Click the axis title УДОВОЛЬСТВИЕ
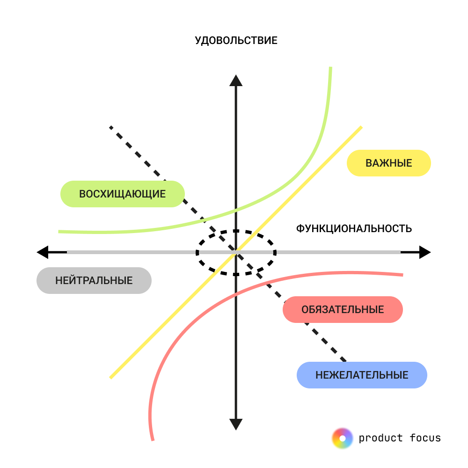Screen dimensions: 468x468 236,40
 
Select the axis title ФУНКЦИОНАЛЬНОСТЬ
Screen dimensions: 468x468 354,228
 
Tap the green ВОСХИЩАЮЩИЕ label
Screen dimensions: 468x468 123,194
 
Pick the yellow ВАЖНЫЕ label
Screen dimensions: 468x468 388,163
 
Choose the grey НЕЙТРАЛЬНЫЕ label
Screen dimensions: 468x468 94,281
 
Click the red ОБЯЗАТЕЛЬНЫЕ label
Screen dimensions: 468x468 343,309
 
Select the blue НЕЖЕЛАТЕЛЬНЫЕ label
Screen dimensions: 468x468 362,375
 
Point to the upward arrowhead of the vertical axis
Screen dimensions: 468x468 236,80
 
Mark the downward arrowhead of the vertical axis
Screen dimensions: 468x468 236,424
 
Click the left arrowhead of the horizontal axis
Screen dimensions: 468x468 43,252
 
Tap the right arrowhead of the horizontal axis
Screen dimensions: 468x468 424,252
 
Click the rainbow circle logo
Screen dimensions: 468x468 342,438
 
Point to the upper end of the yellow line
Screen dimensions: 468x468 361,127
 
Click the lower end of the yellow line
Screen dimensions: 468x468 111,377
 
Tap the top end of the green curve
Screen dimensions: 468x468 330,68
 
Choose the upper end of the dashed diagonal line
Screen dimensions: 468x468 111,127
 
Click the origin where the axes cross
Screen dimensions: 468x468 236,252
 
